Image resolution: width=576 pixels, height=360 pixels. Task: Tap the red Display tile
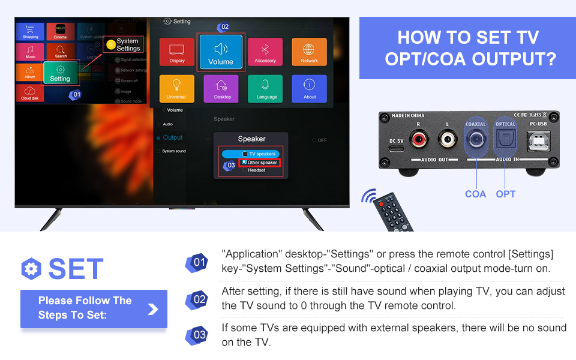click(x=177, y=52)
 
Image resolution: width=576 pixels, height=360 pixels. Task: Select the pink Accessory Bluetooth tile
click(x=265, y=52)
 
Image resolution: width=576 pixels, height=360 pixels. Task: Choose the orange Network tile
click(x=309, y=52)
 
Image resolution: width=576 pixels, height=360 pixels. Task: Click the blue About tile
click(x=309, y=88)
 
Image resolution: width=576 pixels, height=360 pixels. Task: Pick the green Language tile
click(x=265, y=88)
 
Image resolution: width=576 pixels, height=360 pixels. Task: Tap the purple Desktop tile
click(x=221, y=88)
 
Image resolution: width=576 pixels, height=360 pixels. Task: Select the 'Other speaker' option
click(x=259, y=163)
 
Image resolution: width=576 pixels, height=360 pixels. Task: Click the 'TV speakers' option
click(x=259, y=154)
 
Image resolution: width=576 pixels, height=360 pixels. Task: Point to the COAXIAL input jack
click(x=476, y=141)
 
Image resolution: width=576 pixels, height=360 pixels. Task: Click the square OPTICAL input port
click(x=505, y=141)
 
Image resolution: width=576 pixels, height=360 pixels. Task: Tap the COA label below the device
click(x=475, y=194)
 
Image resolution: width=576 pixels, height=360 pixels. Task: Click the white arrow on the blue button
click(x=153, y=308)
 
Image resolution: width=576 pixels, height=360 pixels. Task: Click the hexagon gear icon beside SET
click(x=31, y=269)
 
